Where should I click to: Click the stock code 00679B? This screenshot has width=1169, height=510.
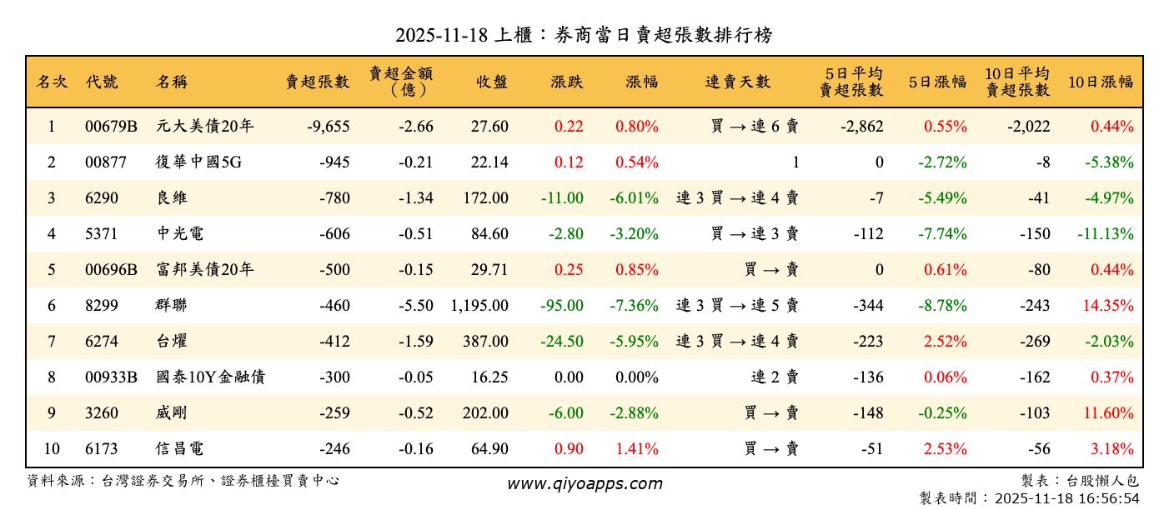pos(111,127)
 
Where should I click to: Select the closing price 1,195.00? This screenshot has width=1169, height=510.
pos(479,306)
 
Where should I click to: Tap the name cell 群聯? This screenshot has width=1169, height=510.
pos(172,306)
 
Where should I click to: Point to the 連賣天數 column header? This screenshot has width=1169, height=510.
pos(738,82)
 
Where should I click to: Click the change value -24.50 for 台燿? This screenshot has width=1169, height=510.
pos(562,342)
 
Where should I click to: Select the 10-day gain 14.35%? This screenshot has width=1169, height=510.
pos(1108,306)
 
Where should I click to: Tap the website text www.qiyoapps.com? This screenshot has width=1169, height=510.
pos(584,484)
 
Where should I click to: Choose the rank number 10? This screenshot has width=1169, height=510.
pos(52,449)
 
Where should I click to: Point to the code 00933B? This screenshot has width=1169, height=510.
pos(111,377)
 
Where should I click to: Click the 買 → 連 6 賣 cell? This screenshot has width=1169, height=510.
pos(755,127)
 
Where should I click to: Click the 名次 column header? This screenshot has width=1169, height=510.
pos(52,82)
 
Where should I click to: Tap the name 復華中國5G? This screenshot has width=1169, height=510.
pos(198,162)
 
